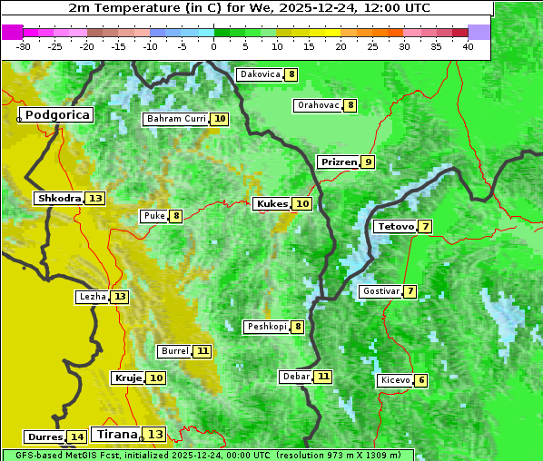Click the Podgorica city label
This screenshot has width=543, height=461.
56,115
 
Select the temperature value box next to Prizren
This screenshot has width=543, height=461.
367,162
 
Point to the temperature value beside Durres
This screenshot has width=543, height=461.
77,437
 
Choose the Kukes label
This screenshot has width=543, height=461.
271,204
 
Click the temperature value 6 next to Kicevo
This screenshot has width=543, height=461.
421,380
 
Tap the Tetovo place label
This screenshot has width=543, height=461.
395,226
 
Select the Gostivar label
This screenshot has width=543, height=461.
380,291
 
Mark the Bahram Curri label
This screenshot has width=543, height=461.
177,119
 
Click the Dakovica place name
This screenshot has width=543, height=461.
260,74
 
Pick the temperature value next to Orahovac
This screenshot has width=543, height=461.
350,105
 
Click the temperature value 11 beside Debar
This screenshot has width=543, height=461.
323,377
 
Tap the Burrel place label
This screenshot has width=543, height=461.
174,351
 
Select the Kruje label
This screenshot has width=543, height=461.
128,378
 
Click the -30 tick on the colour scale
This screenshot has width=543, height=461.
24,46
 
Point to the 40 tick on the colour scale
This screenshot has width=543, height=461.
467,46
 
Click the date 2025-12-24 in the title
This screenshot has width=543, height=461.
326,8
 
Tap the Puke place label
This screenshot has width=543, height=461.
153,216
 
